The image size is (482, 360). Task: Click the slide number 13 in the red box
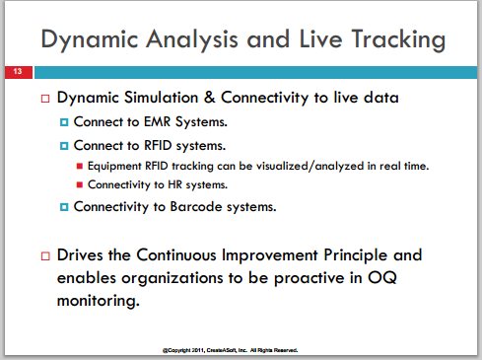pos(18,71)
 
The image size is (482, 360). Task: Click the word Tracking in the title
pos(398,39)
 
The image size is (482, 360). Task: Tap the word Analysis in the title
pos(191,39)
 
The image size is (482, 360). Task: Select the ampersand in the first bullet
pos(209,98)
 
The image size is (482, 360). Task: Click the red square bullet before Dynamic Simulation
pos(45,99)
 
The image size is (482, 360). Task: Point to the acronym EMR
pos(158,121)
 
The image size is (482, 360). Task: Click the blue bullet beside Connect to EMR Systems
pos(64,122)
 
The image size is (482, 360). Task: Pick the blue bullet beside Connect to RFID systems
pos(64,146)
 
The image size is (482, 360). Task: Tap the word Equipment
pos(114,166)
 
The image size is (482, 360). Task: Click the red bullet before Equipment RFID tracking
pos(79,166)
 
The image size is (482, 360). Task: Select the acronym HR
pos(174,184)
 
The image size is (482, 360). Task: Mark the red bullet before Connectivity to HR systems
pos(79,184)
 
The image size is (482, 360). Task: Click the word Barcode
pos(196,206)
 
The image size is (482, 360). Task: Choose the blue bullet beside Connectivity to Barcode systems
pos(64,207)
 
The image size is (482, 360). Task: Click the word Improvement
pos(270,255)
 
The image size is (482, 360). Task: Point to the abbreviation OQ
pos(381,278)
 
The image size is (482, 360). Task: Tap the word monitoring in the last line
pos(98,301)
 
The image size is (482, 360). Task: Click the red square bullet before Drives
pos(45,256)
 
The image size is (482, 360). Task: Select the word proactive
pos(309,278)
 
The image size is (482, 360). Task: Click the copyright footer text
pos(230,350)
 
